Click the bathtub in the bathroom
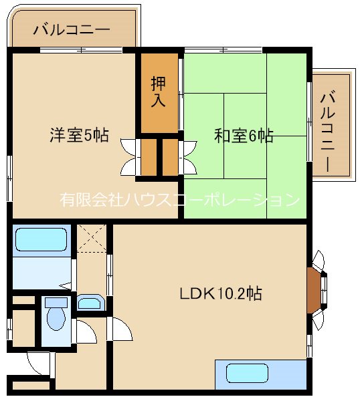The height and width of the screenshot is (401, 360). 41,239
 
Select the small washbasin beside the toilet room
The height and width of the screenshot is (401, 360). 89,303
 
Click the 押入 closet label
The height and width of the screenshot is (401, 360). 159,92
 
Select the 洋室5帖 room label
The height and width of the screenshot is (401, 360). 79,135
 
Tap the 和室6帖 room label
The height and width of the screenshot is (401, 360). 244,136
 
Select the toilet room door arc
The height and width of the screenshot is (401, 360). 84,329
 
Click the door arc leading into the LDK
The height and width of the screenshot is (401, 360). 120,328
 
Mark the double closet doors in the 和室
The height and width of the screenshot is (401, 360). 187,156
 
